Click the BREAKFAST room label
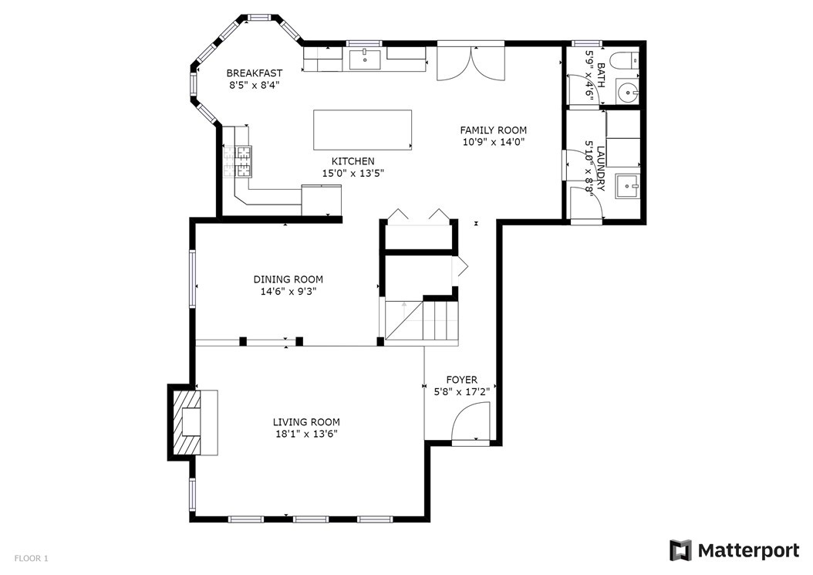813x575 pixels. pyautogui.click(x=254, y=73)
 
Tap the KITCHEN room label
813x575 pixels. pyautogui.click(x=353, y=161)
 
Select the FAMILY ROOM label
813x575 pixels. pyautogui.click(x=494, y=130)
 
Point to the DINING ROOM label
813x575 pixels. pyautogui.click(x=288, y=279)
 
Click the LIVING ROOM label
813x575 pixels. pyautogui.click(x=306, y=422)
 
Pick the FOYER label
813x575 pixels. pyautogui.click(x=462, y=380)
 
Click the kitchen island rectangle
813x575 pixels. pyautogui.click(x=363, y=130)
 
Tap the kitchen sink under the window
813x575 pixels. pyautogui.click(x=365, y=59)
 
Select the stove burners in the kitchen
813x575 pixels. pyautogui.click(x=238, y=161)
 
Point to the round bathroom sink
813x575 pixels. pyautogui.click(x=629, y=93)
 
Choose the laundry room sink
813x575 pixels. pyautogui.click(x=628, y=186)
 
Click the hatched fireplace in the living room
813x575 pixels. pyautogui.click(x=186, y=422)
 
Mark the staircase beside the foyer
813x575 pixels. pyautogui.click(x=423, y=321)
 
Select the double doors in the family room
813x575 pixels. pyautogui.click(x=471, y=63)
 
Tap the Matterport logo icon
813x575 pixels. pyautogui.click(x=681, y=550)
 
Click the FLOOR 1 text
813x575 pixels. pyautogui.click(x=31, y=558)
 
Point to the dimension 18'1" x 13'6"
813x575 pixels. pyautogui.click(x=306, y=434)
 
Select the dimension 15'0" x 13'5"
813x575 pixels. pyautogui.click(x=353, y=174)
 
